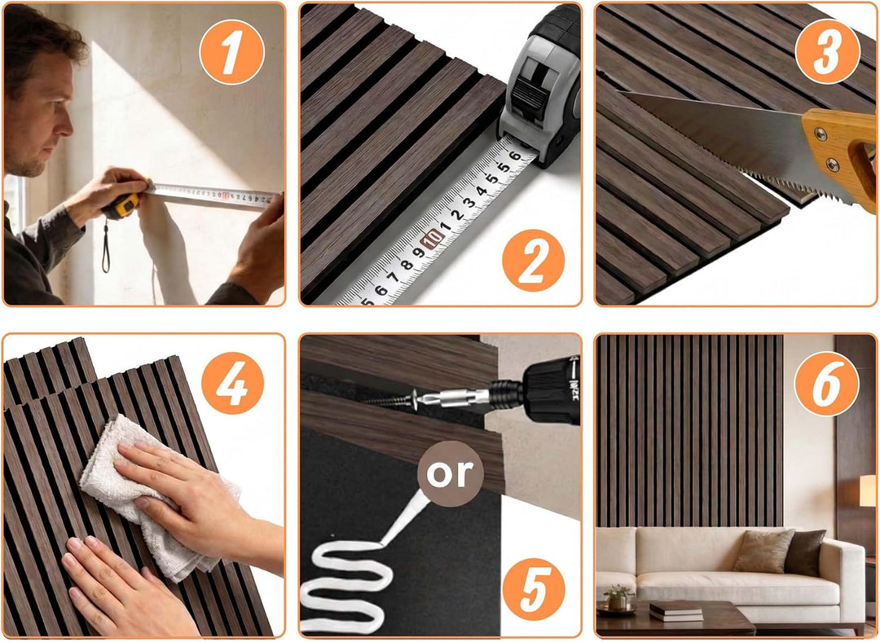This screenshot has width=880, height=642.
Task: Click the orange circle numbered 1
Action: (x=231, y=51)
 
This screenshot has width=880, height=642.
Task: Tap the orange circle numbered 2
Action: (x=533, y=261)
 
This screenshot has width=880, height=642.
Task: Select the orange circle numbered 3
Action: (x=828, y=51)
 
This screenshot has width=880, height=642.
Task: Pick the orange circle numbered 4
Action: (x=232, y=383)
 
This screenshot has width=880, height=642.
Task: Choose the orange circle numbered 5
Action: (x=534, y=589)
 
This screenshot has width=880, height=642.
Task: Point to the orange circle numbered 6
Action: (x=827, y=383)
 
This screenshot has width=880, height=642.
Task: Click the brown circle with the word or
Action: (x=450, y=473)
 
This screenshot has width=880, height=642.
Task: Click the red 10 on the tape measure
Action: (x=433, y=240)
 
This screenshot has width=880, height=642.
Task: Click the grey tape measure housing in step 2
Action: (x=539, y=90)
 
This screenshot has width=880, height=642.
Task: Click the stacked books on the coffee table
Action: (x=675, y=610)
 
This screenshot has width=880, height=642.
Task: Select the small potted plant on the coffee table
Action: (x=619, y=597)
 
